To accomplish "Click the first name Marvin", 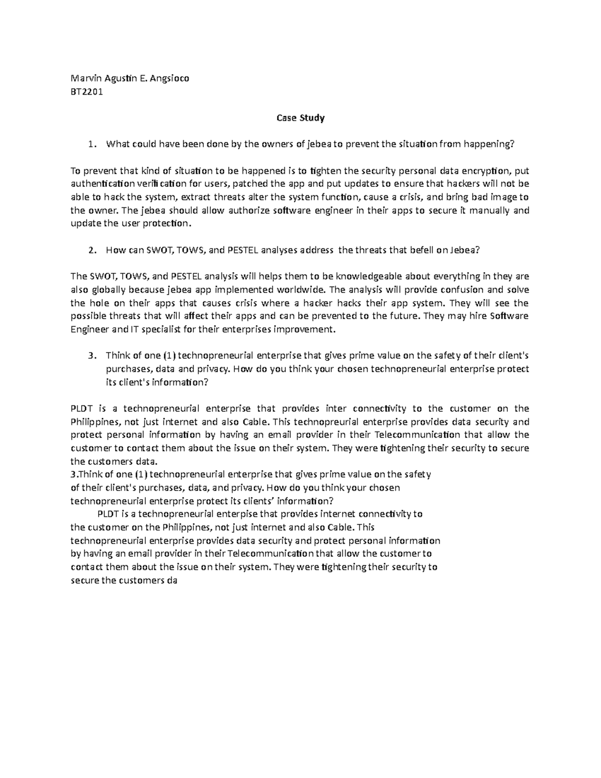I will click(85, 79).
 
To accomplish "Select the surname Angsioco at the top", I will click(169, 79).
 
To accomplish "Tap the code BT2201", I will click(87, 92).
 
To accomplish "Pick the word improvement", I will click(303, 330).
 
